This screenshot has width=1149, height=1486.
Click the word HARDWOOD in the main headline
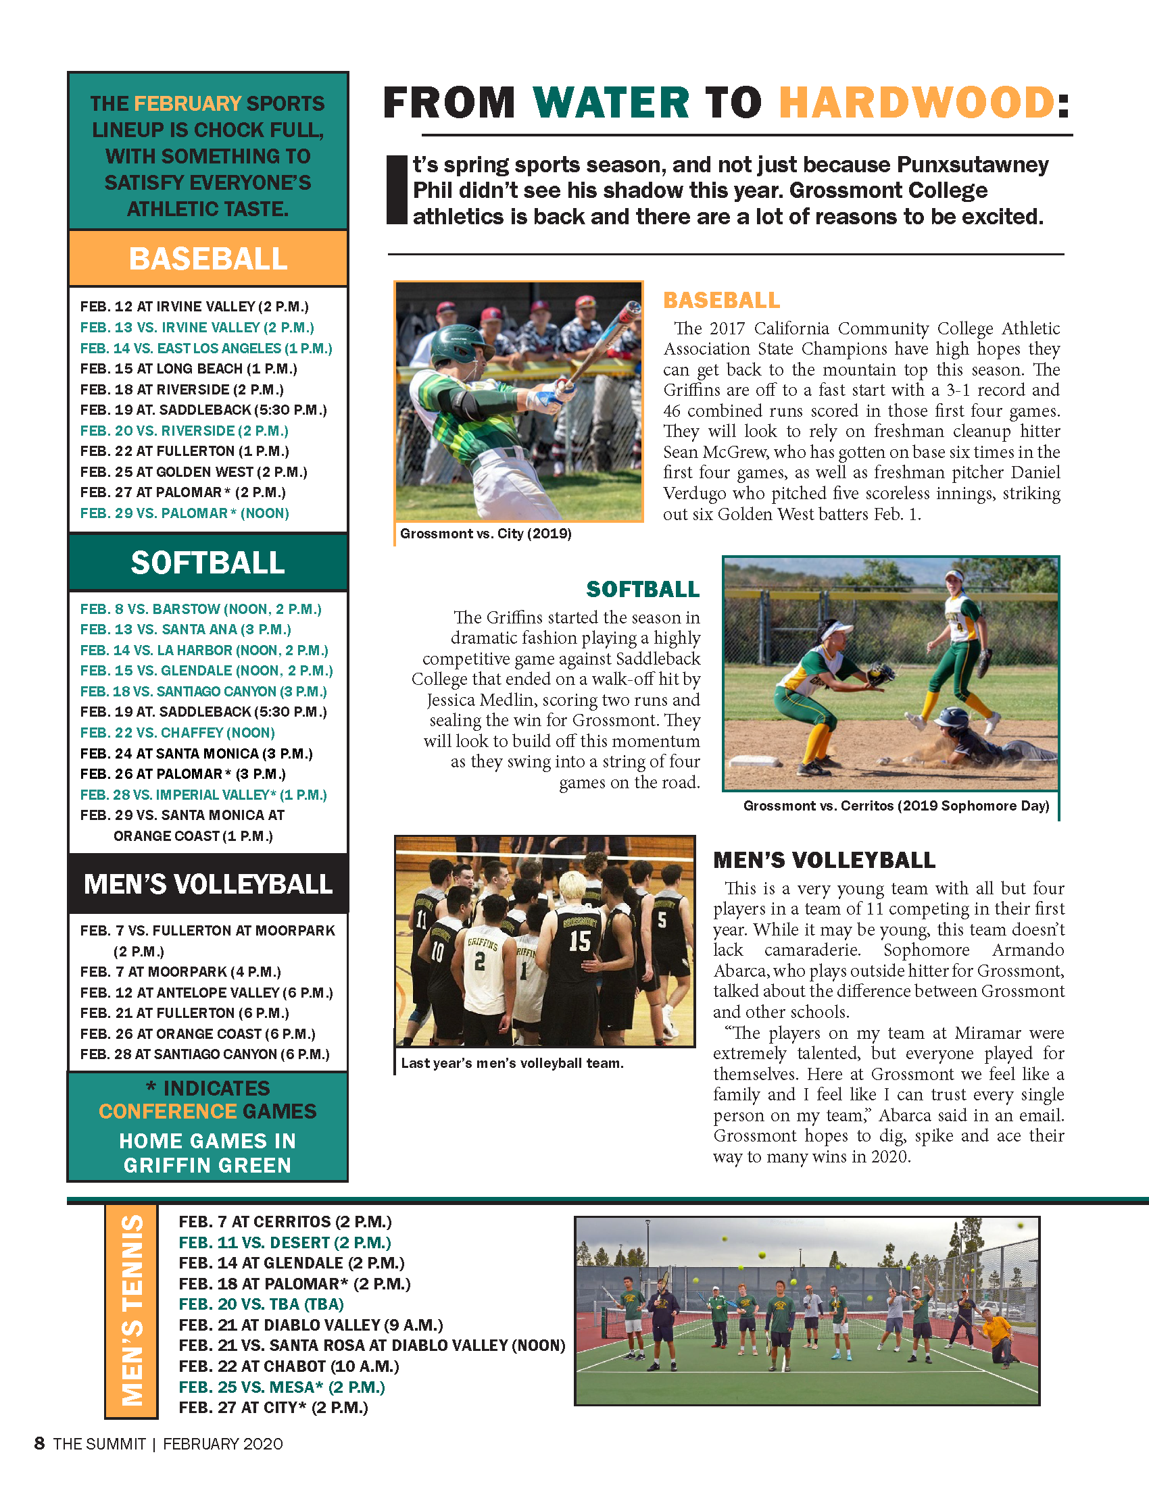coord(916,103)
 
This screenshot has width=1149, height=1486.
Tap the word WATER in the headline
coord(610,103)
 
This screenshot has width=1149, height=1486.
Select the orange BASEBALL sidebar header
coord(207,259)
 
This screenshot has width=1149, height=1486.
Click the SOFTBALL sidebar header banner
coord(207,563)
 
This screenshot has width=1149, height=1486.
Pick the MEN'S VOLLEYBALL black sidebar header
coord(207,884)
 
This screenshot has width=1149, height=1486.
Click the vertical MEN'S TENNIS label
coord(131,1310)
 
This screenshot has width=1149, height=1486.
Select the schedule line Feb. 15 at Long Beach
coord(189,369)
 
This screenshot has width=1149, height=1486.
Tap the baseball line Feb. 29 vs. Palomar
coord(185,513)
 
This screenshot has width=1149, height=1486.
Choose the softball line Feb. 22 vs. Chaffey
coord(178,733)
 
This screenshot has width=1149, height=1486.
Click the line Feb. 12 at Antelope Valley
coord(206,993)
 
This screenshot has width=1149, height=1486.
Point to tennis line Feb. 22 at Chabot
coord(289,1366)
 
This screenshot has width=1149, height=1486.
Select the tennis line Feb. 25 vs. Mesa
coord(282,1387)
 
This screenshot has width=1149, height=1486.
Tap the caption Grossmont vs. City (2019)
coord(485,534)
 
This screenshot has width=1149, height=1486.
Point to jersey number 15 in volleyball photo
coord(579,941)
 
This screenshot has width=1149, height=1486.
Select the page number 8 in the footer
coord(39,1444)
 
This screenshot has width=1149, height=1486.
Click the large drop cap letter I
coord(396,190)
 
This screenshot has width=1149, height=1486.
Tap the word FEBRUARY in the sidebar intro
coord(187,103)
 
